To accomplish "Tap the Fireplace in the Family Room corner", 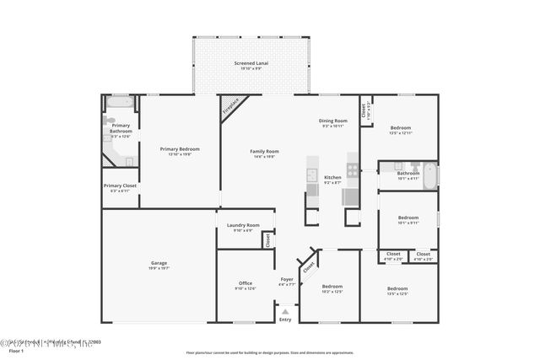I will (230, 106).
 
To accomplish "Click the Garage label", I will (159, 263).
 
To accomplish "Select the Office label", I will (246, 283).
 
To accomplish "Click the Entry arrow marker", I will (285, 311).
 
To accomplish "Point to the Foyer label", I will (287, 279).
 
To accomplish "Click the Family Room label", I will (264, 152).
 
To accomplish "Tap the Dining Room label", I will (332, 121).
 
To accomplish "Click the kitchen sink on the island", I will (312, 179).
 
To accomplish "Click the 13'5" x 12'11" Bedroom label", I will (400, 128).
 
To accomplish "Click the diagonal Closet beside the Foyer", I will (309, 264).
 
